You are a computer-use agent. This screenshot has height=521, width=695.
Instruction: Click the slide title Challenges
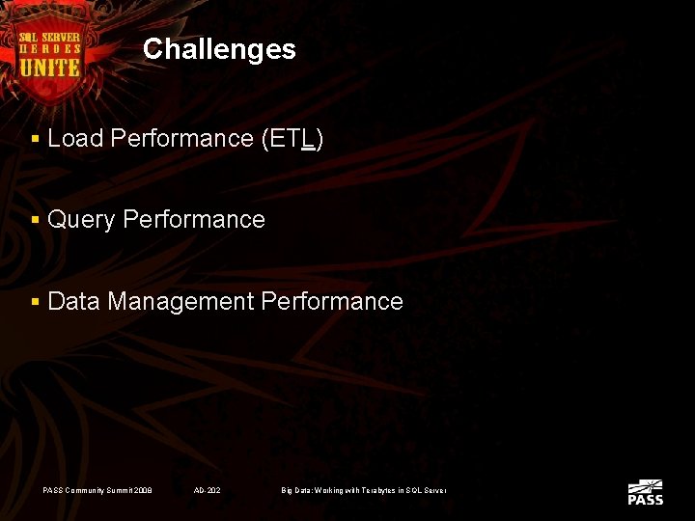[219, 49]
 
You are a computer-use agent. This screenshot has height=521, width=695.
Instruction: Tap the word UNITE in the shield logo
[50, 69]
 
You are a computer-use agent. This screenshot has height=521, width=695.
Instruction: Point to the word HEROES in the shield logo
[50, 49]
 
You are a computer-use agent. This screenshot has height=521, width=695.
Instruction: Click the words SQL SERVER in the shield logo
[50, 37]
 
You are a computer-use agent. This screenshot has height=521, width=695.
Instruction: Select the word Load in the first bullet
[75, 139]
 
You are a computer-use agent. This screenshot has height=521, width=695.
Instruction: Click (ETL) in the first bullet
[292, 139]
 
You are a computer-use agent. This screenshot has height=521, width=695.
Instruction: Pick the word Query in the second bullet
[81, 220]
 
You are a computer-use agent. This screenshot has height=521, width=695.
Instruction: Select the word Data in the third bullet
[74, 302]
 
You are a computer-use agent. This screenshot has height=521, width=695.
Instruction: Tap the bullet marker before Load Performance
[36, 140]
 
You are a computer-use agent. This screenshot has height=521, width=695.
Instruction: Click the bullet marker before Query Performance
[36, 221]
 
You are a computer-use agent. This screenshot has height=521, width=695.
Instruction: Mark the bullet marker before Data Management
[36, 303]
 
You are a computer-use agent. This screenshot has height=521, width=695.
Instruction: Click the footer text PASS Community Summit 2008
[97, 491]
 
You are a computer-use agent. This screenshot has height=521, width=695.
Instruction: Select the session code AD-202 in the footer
[207, 491]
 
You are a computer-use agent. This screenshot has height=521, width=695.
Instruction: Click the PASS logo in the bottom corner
[645, 492]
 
